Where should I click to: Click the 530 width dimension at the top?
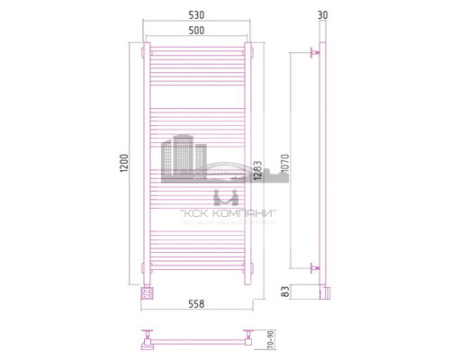point(197,16)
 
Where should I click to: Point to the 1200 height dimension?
point(125,161)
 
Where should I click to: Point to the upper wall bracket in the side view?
point(314,55)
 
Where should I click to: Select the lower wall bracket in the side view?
point(314,267)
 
